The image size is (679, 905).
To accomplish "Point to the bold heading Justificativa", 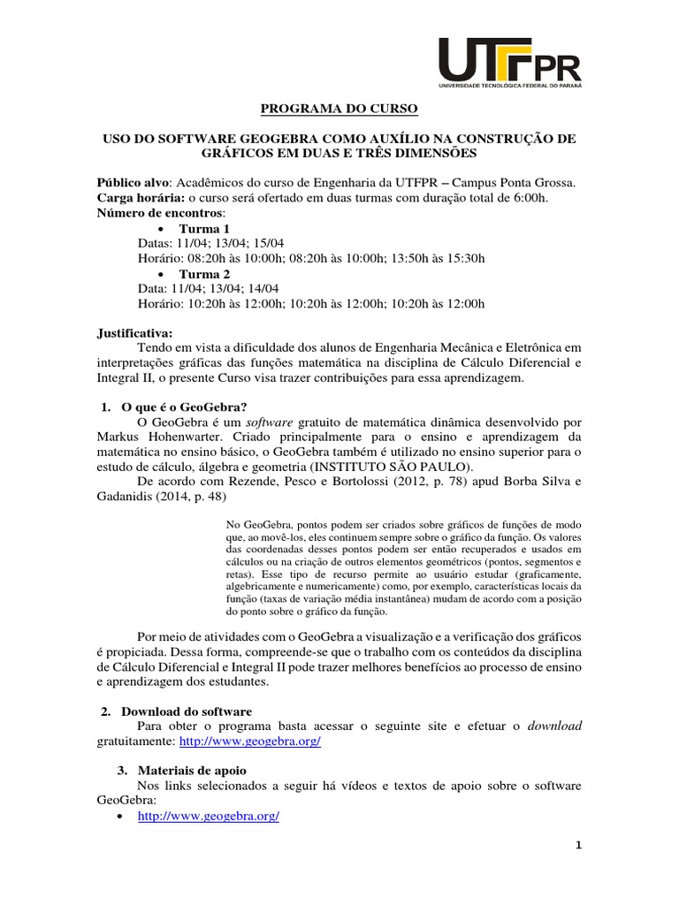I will tap(135, 333).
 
